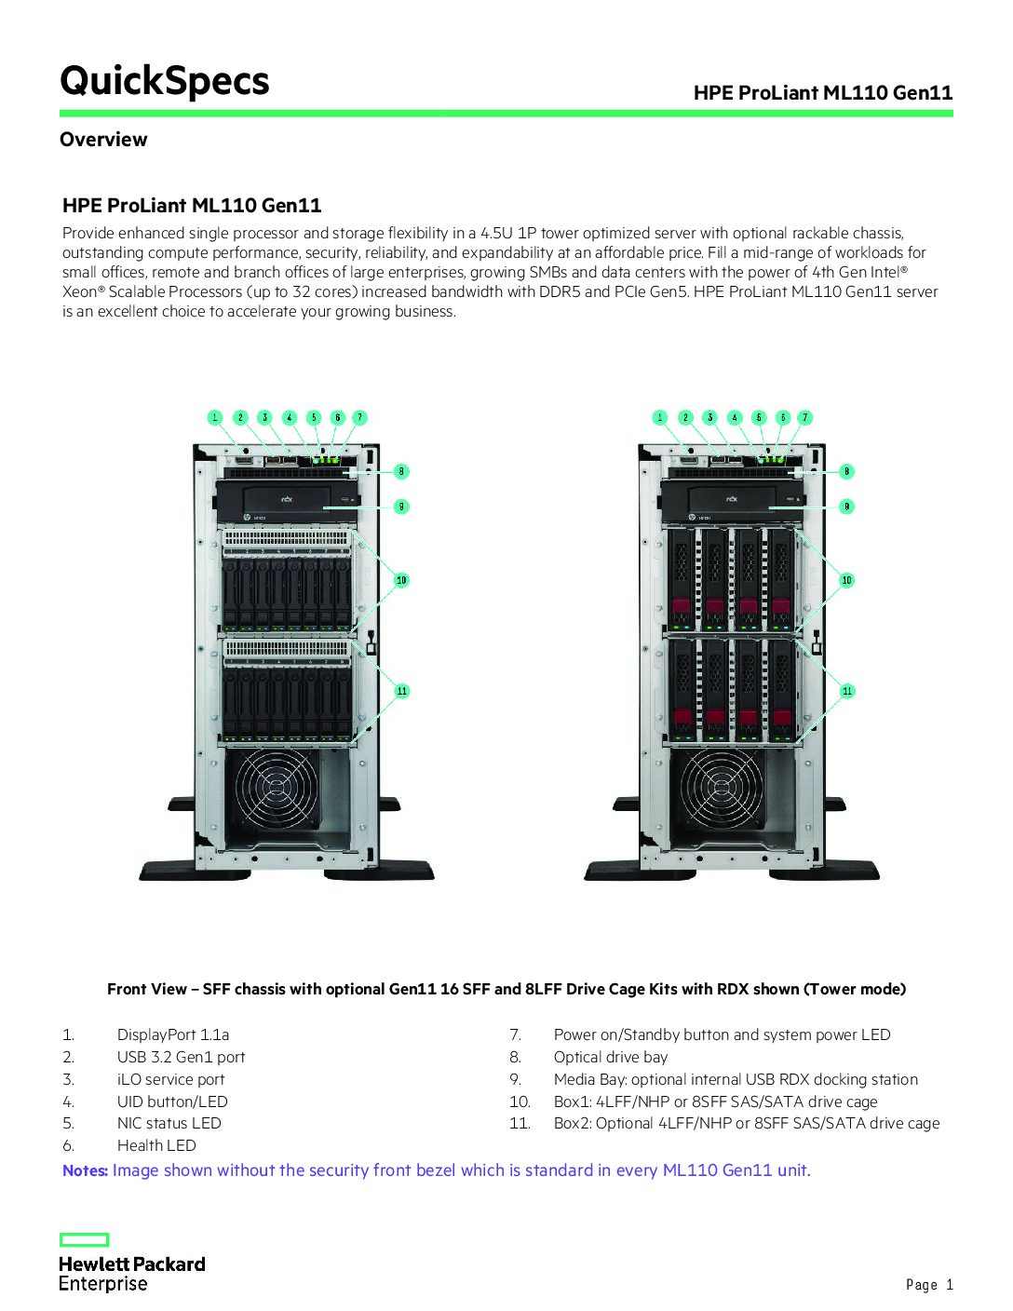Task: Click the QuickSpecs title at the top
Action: pos(164,81)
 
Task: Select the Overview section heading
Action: pos(103,140)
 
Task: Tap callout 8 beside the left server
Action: pos(401,471)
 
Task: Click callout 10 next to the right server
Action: pos(846,580)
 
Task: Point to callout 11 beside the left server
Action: pos(401,691)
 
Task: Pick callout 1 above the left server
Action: pos(215,417)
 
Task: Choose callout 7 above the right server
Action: pos(805,417)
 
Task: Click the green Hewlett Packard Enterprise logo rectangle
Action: pos(85,1239)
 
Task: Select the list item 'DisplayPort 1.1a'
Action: pos(173,1034)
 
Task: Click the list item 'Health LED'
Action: pos(156,1145)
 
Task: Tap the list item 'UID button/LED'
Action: pos(172,1102)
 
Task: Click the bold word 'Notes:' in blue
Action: pos(85,1170)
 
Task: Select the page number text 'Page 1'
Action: pos(929,1285)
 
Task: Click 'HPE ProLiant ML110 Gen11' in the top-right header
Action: pos(823,92)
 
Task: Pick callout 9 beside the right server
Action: pos(846,507)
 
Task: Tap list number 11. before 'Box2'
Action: pos(520,1123)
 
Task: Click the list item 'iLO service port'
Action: pos(170,1079)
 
